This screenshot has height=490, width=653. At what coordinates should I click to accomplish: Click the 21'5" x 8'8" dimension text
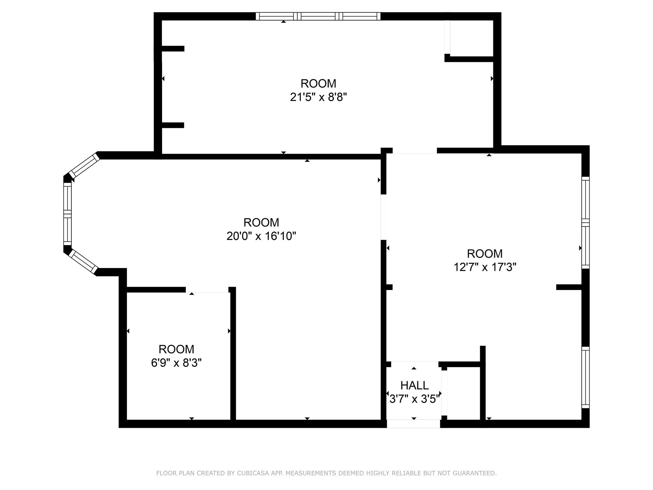pyautogui.click(x=318, y=97)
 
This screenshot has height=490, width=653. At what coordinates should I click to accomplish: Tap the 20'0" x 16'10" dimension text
pyautogui.click(x=261, y=236)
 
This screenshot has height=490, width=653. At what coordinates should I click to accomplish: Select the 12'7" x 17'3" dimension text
pyautogui.click(x=485, y=267)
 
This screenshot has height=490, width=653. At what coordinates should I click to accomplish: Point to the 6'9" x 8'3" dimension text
pyautogui.click(x=176, y=363)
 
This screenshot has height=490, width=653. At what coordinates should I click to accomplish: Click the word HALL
pyautogui.click(x=414, y=385)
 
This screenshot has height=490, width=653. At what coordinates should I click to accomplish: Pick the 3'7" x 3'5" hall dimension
pyautogui.click(x=414, y=399)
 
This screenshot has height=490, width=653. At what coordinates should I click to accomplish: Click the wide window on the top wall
pyautogui.click(x=318, y=16)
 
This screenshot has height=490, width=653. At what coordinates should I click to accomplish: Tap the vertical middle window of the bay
pyautogui.click(x=67, y=214)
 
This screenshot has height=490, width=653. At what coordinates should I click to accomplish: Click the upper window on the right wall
pyautogui.click(x=585, y=222)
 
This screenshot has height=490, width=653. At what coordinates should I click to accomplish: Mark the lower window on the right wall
pyautogui.click(x=585, y=377)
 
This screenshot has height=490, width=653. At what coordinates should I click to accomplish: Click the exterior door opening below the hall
pyautogui.click(x=413, y=424)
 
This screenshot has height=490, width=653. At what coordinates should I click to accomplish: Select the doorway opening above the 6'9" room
pyautogui.click(x=207, y=290)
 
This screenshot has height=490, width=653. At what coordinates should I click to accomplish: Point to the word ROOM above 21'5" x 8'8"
pyautogui.click(x=318, y=84)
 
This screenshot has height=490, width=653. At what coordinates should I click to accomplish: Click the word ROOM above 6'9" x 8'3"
pyautogui.click(x=176, y=349)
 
